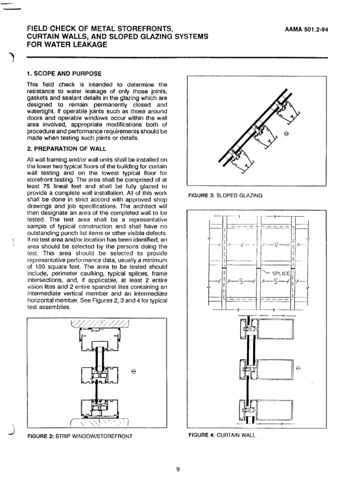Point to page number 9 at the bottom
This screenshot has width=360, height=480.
point(178,469)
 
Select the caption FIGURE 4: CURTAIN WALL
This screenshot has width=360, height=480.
point(222,435)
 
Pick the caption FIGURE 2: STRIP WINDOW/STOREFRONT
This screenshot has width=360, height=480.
point(80,436)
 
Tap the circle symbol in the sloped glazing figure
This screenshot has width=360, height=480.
point(286,135)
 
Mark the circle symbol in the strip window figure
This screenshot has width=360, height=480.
point(134,372)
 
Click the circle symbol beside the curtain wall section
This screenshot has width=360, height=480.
point(299,367)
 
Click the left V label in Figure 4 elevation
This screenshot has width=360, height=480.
point(240,244)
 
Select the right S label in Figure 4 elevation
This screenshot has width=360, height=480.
point(275,282)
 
